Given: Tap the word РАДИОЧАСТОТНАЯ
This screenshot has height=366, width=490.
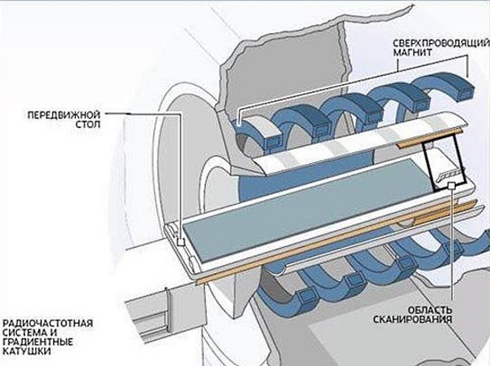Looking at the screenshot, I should (x=47, y=323).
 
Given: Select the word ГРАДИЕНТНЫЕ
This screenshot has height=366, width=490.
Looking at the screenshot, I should (x=42, y=344).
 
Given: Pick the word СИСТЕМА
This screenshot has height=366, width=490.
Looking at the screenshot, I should (x=27, y=333).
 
